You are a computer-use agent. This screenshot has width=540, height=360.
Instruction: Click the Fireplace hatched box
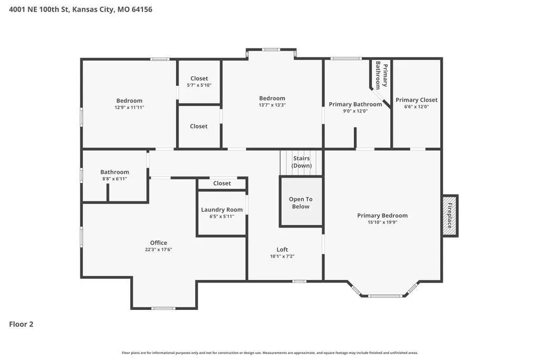pos(450,216)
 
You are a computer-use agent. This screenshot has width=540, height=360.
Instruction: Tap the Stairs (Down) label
pos(301,162)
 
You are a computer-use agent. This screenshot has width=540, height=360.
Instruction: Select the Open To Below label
pos(301,203)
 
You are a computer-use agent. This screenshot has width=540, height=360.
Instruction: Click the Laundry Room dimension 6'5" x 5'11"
pos(222,217)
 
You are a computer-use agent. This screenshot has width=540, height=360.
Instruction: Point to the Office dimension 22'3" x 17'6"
pos(158,249)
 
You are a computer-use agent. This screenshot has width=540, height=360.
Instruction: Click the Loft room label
pos(283,249)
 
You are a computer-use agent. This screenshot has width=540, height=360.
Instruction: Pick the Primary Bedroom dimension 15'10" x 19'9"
pos(382,222)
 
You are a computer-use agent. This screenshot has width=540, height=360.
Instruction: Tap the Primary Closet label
pos(417,100)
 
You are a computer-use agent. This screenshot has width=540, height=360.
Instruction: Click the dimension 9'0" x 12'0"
pos(355,111)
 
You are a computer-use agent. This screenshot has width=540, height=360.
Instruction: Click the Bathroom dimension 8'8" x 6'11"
pos(114,179)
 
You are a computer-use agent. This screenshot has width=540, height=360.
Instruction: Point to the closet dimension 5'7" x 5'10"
pos(199,85)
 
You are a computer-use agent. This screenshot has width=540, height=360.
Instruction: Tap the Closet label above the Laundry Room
pos(222,183)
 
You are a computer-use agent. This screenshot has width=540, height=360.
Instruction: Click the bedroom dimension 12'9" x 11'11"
pos(129,108)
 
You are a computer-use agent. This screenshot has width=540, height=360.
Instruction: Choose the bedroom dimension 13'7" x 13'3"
pos(272,105)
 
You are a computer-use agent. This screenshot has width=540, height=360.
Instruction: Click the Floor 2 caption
pos(21,324)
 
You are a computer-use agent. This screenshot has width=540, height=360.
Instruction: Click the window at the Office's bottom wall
pos(163,308)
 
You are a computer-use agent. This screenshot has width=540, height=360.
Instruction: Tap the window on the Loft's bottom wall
pos(300,281)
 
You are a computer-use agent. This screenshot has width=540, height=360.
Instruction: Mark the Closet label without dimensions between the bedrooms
pos(199,127)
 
